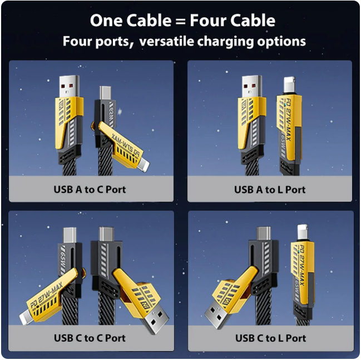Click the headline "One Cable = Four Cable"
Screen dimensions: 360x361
click(x=182, y=21)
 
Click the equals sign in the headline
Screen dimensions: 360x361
click(x=179, y=21)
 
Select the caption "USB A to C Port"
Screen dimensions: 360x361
click(x=90, y=189)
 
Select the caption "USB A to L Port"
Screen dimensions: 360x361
click(x=270, y=189)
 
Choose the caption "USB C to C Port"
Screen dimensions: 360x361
click(x=90, y=338)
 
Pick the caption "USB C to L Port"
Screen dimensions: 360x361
click(x=270, y=338)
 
